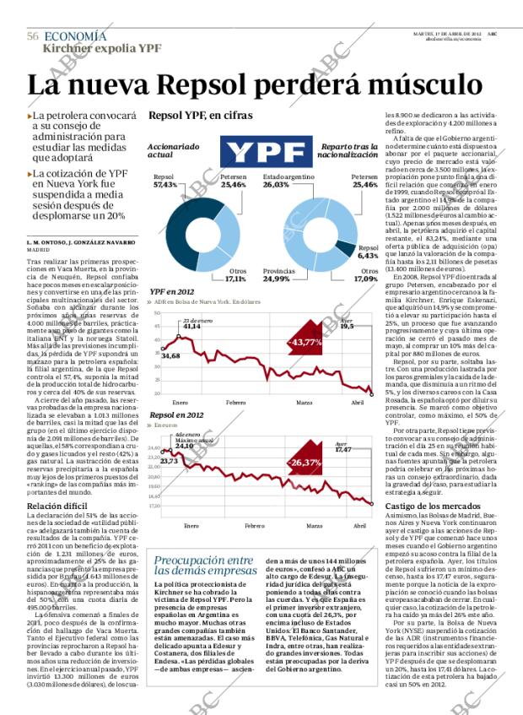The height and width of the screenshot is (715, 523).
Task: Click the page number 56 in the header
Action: click(x=33, y=36)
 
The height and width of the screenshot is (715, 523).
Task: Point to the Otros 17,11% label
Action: click(x=236, y=274)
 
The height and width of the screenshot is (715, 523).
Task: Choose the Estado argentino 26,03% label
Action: click(x=288, y=180)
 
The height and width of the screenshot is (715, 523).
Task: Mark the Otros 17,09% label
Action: click(x=366, y=274)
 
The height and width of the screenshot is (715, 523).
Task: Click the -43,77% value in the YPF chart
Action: click(x=305, y=342)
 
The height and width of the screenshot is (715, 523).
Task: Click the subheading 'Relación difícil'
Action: click(x=58, y=506)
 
